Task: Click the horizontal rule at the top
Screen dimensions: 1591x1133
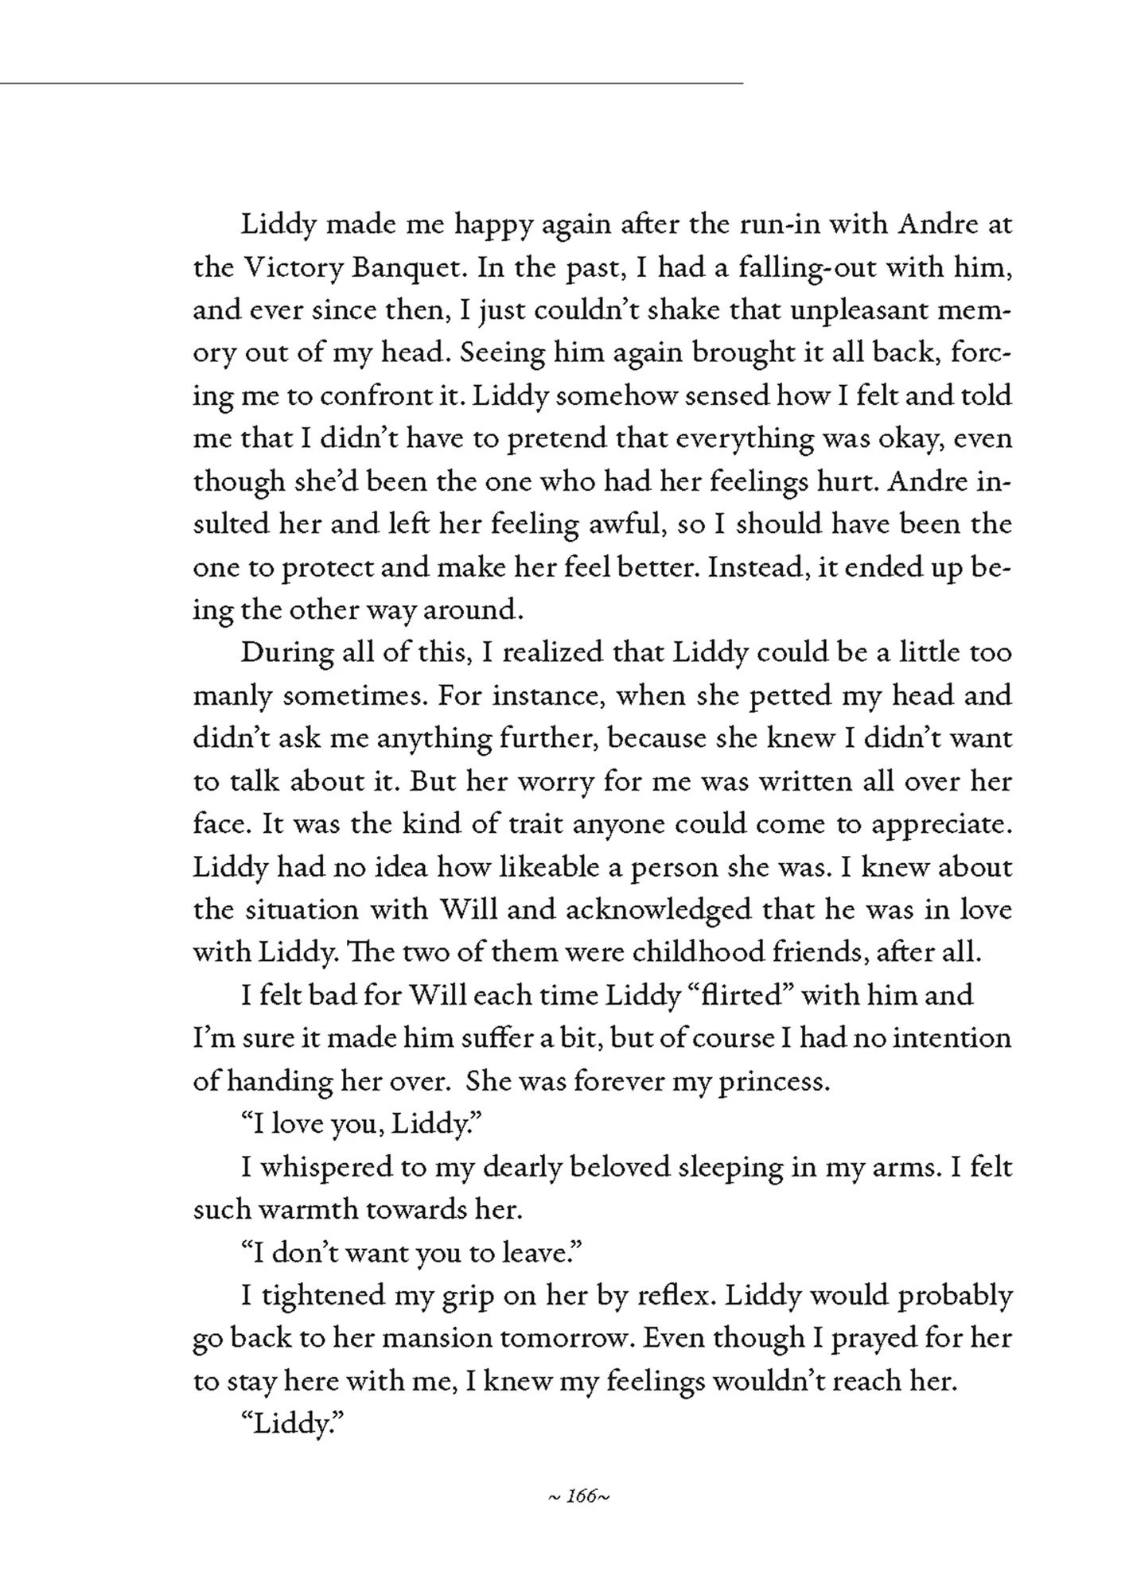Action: pyautogui.click(x=372, y=83)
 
